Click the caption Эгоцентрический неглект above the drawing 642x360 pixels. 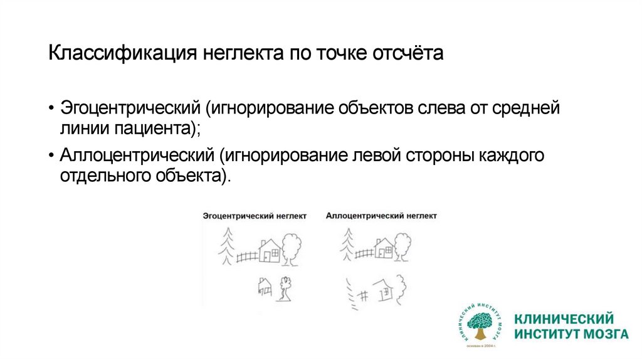pyautogui.click(x=254, y=216)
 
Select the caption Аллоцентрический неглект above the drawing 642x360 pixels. pyautogui.click(x=381, y=216)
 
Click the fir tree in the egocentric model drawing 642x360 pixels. pyautogui.click(x=226, y=245)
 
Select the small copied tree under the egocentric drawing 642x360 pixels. pyautogui.click(x=286, y=288)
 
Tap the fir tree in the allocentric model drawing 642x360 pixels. pyautogui.click(x=346, y=244)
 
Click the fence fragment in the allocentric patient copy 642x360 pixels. pyautogui.click(x=362, y=293)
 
